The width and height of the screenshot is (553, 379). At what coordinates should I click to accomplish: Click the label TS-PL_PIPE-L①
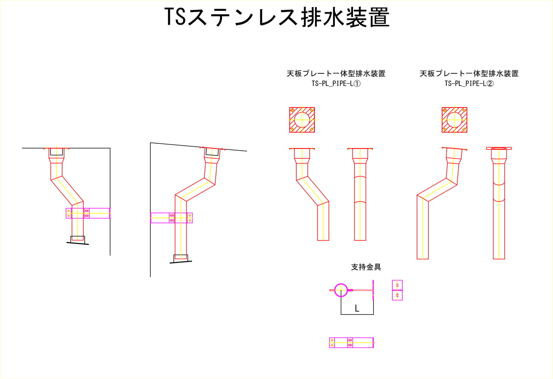pos(336,84)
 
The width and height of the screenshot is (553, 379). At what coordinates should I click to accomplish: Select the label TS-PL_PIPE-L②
pos(469,84)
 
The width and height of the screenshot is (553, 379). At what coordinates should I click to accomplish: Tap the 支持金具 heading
pos(366,267)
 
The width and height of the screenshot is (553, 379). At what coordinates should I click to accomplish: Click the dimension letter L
pos(357,308)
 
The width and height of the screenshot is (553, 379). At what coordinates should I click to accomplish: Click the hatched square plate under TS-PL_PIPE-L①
pos(302,120)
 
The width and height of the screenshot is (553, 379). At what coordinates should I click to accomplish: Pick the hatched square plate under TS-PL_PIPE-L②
pos(454,120)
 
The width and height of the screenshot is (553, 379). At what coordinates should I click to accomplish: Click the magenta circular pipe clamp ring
pos(341,290)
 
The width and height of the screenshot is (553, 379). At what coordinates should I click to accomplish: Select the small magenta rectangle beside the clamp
pos(397,290)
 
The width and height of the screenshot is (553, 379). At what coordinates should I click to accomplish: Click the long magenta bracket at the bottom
pos(351,343)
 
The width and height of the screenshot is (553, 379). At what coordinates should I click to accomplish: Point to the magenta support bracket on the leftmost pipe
pos(88,213)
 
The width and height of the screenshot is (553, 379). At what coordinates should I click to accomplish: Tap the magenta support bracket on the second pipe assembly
pos(171,218)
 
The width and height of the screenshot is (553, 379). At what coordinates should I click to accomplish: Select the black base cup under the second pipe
pos(181,258)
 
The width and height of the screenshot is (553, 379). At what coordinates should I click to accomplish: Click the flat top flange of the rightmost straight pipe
pos(499,148)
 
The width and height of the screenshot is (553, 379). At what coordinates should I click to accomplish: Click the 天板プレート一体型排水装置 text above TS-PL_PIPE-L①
pos(336,73)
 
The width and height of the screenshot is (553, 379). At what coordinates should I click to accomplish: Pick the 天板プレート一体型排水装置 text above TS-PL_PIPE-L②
pos(469,73)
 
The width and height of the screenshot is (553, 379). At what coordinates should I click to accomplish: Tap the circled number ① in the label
pos(357,84)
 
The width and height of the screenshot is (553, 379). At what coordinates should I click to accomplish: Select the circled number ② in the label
pos(489,84)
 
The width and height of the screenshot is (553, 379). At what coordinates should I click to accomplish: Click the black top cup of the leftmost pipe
pos(56,152)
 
